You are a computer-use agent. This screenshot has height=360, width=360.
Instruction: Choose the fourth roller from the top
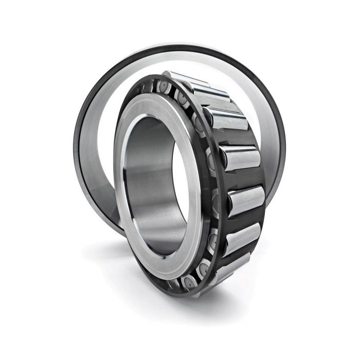[x=239, y=157]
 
